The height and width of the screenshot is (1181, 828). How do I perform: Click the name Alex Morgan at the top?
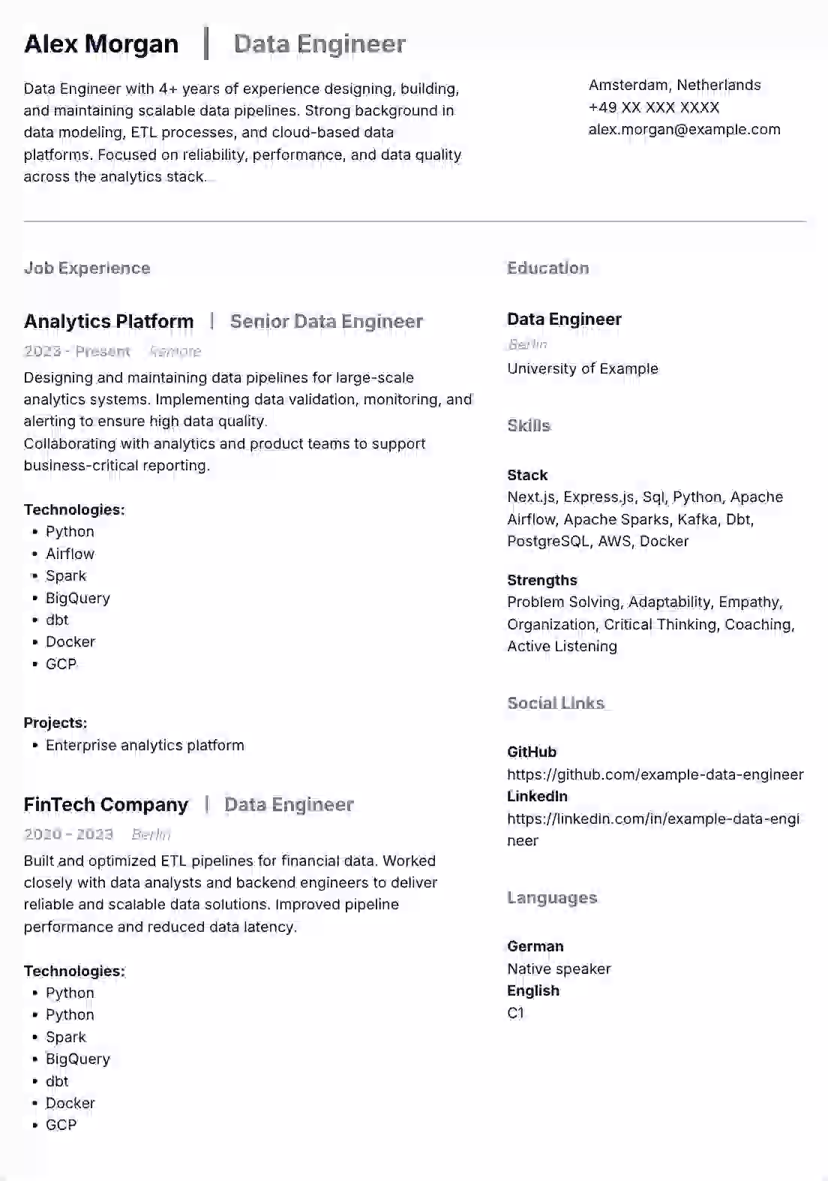click(101, 44)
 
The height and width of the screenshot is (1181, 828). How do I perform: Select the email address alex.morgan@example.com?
click(684, 129)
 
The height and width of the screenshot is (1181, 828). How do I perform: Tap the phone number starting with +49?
click(654, 107)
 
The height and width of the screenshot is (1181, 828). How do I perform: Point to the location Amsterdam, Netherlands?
click(674, 85)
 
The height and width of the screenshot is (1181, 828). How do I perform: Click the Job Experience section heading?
click(87, 268)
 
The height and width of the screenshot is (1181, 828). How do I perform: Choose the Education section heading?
click(547, 268)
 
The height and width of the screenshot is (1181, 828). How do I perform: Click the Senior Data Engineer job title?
click(326, 322)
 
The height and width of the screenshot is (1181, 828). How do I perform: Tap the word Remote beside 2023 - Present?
click(175, 351)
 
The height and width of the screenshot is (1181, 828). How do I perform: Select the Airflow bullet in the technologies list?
click(70, 554)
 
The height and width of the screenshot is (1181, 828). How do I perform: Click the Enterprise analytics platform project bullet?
click(145, 745)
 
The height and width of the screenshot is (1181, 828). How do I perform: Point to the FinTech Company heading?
click(106, 805)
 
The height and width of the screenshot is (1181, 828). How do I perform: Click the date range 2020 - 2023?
click(68, 834)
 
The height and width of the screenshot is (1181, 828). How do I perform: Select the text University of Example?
click(582, 368)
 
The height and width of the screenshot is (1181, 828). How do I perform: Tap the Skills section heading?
click(529, 425)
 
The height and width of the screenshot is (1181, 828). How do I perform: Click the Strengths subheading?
click(541, 580)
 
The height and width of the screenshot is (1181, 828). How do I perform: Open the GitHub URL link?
click(655, 774)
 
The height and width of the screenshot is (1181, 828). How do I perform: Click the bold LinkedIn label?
click(537, 796)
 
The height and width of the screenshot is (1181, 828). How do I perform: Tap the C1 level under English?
click(515, 1013)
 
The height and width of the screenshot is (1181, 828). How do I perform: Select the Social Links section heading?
click(556, 703)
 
